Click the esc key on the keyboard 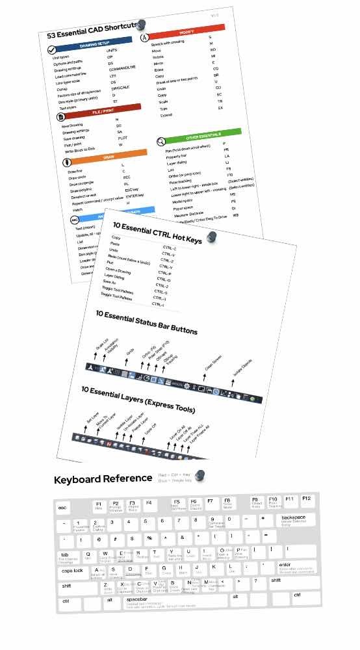click(63, 508)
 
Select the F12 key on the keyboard click(307, 499)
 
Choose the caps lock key click(73, 570)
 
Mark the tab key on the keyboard click(66, 554)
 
